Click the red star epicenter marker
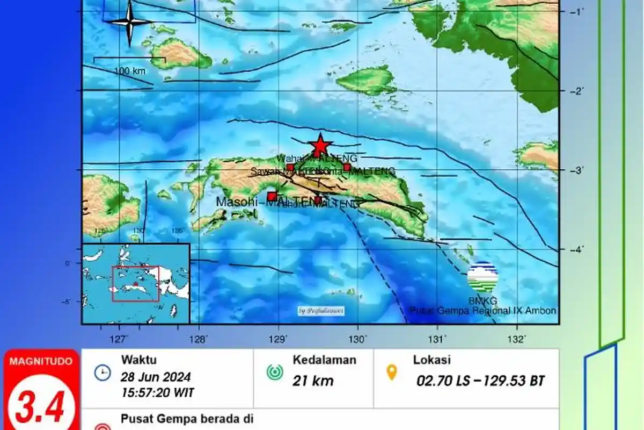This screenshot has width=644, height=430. pyautogui.click(x=320, y=145)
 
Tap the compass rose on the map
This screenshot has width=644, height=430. pyautogui.click(x=129, y=22)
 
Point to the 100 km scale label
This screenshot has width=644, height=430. pyautogui.click(x=129, y=70)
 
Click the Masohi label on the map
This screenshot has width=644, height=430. pyautogui.click(x=240, y=202)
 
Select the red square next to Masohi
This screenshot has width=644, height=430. pyautogui.click(x=272, y=196)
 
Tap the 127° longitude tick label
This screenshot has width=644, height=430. pyautogui.click(x=119, y=338)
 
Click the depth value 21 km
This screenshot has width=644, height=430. pyautogui.click(x=313, y=381)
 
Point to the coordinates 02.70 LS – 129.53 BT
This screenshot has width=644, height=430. pyautogui.click(x=481, y=381)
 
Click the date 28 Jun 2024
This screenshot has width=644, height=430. pyautogui.click(x=156, y=377)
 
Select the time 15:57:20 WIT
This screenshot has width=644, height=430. pyautogui.click(x=158, y=392)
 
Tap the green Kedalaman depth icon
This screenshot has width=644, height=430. pyautogui.click(x=274, y=372)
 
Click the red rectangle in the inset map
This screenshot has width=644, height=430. pyautogui.click(x=135, y=284)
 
